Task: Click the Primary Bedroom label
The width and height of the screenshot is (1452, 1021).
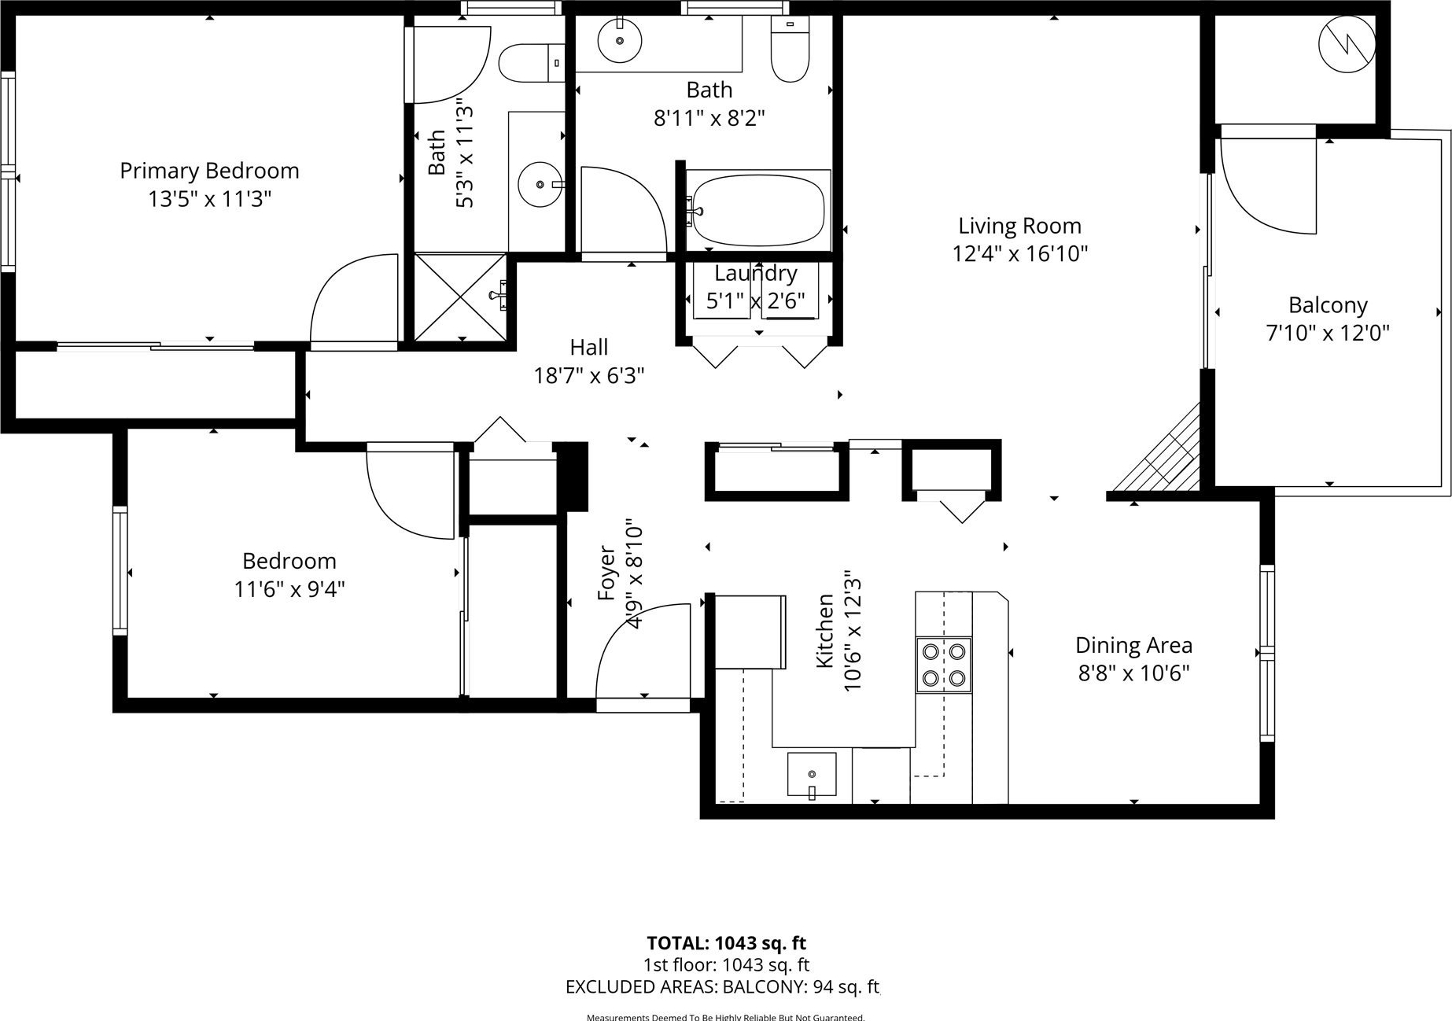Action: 209,171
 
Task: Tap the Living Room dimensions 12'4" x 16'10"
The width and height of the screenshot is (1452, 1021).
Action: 1019,254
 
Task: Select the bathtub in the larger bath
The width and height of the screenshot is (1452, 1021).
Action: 757,210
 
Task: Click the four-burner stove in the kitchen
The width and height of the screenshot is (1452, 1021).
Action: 944,665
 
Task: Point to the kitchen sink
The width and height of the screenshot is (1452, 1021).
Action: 812,775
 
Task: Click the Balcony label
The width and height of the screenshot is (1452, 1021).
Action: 1328,304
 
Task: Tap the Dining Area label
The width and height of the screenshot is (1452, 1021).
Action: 1133,645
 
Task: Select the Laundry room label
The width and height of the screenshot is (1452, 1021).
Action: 756,274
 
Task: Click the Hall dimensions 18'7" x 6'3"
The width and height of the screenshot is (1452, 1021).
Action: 589,376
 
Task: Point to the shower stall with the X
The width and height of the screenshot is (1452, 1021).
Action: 461,297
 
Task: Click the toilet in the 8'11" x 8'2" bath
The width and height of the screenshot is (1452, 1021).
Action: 790,49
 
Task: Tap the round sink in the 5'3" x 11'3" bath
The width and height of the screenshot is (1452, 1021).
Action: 540,184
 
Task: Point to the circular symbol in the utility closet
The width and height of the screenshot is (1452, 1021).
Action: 1347,44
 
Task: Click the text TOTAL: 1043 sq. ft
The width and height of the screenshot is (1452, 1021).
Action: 726,942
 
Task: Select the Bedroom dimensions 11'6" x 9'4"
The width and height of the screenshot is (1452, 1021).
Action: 289,589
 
